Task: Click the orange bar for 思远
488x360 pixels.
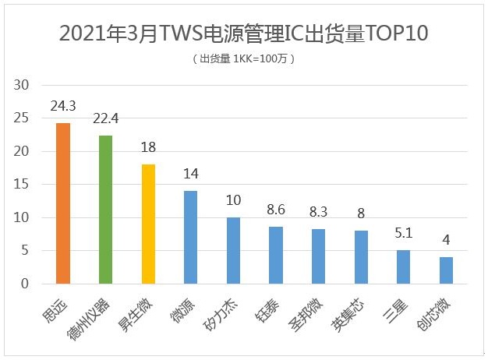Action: (63, 203)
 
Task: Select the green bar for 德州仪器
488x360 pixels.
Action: (105, 210)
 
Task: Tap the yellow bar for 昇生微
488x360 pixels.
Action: (148, 224)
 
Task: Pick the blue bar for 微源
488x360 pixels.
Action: (190, 238)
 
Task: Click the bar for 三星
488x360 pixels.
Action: (403, 267)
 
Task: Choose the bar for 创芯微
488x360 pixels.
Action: (446, 270)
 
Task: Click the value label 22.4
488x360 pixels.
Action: (106, 122)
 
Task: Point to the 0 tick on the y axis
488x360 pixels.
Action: (25, 284)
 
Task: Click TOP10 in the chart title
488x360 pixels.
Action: (392, 34)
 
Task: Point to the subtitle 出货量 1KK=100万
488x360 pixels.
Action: (243, 58)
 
